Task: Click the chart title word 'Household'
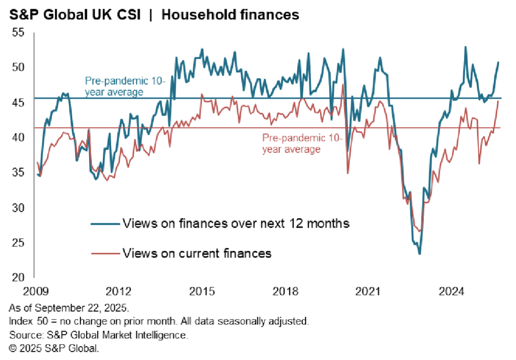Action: click(x=193, y=15)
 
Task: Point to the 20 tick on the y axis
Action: click(x=18, y=278)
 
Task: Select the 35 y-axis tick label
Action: click(x=18, y=173)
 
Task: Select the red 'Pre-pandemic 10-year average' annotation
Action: click(x=302, y=144)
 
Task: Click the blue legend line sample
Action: click(x=104, y=224)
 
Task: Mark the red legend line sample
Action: click(x=104, y=253)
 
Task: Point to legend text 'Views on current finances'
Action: click(x=197, y=253)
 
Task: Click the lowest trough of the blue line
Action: click(x=420, y=254)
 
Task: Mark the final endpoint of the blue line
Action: click(x=498, y=62)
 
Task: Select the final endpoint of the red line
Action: click(x=498, y=101)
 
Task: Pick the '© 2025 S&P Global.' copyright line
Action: click(x=53, y=347)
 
